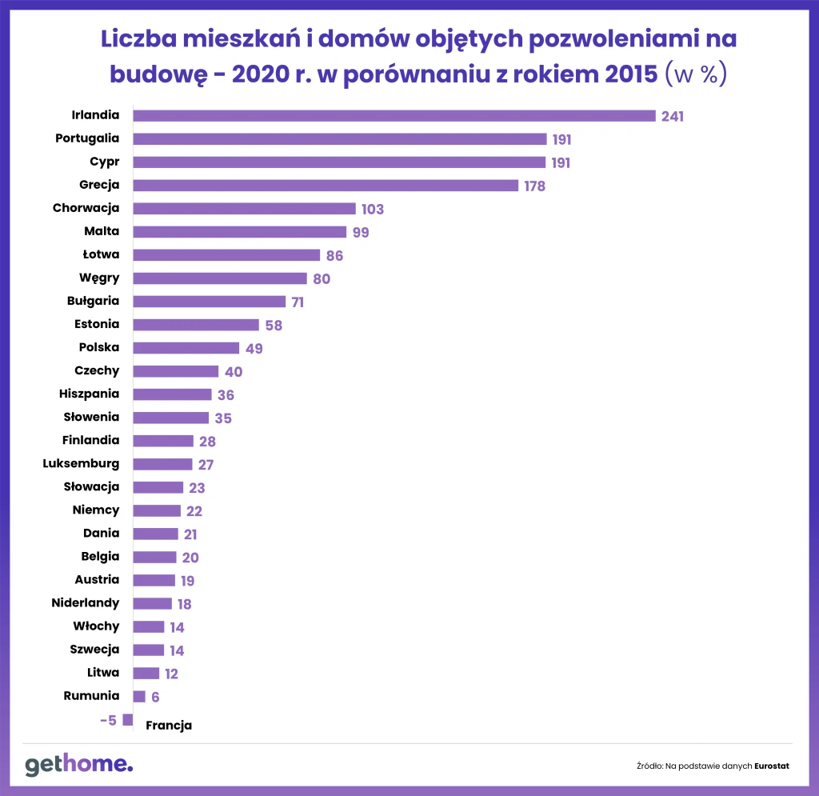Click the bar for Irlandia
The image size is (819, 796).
click(x=394, y=115)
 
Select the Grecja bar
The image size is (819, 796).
click(x=325, y=185)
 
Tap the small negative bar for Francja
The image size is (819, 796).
click(x=127, y=719)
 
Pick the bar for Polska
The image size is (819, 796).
click(x=186, y=348)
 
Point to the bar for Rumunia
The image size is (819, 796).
click(x=139, y=696)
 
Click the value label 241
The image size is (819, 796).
click(x=673, y=116)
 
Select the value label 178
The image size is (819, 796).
click(x=534, y=186)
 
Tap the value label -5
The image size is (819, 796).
click(x=108, y=720)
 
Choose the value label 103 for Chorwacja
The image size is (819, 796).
click(x=372, y=210)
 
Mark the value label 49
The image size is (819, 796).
click(x=254, y=349)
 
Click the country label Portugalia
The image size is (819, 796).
click(x=87, y=138)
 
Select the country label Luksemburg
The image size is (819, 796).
click(x=81, y=463)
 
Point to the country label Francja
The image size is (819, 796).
click(x=169, y=726)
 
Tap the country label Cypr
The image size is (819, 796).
click(x=105, y=162)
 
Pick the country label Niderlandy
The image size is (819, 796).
click(x=85, y=602)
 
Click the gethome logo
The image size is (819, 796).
click(x=78, y=765)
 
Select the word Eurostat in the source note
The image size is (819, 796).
click(x=771, y=766)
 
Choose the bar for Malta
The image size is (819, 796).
click(x=239, y=231)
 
